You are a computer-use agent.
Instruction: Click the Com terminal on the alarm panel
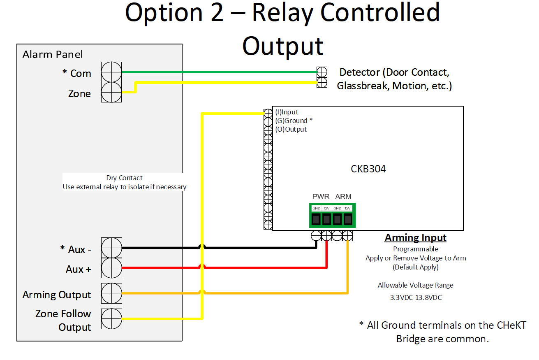pyautogui.click(x=111, y=72)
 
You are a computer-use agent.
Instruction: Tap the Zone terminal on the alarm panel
pyautogui.click(x=111, y=92)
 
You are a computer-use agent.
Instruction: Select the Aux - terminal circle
pyautogui.click(x=111, y=248)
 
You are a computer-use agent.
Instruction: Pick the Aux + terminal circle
pyautogui.click(x=111, y=268)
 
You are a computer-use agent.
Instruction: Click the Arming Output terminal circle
pyautogui.click(x=111, y=293)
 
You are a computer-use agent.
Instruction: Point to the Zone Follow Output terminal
pyautogui.click(x=111, y=318)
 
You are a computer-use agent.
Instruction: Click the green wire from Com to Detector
pyautogui.click(x=218, y=72)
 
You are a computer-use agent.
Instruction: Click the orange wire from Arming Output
pyautogui.click(x=280, y=293)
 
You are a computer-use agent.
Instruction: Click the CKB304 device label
pyautogui.click(x=368, y=169)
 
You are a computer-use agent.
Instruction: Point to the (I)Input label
pyautogui.click(x=287, y=112)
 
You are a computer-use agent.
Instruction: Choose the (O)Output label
pyautogui.click(x=291, y=129)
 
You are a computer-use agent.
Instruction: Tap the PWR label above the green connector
pyautogui.click(x=321, y=197)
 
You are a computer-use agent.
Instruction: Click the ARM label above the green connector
pyautogui.click(x=343, y=197)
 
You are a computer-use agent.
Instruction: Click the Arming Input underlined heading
pyautogui.click(x=415, y=238)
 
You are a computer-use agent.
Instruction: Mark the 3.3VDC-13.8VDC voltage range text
pyautogui.click(x=416, y=297)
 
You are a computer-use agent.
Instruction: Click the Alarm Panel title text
pyautogui.click(x=53, y=54)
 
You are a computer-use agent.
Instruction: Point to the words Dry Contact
pyautogui.click(x=124, y=178)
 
